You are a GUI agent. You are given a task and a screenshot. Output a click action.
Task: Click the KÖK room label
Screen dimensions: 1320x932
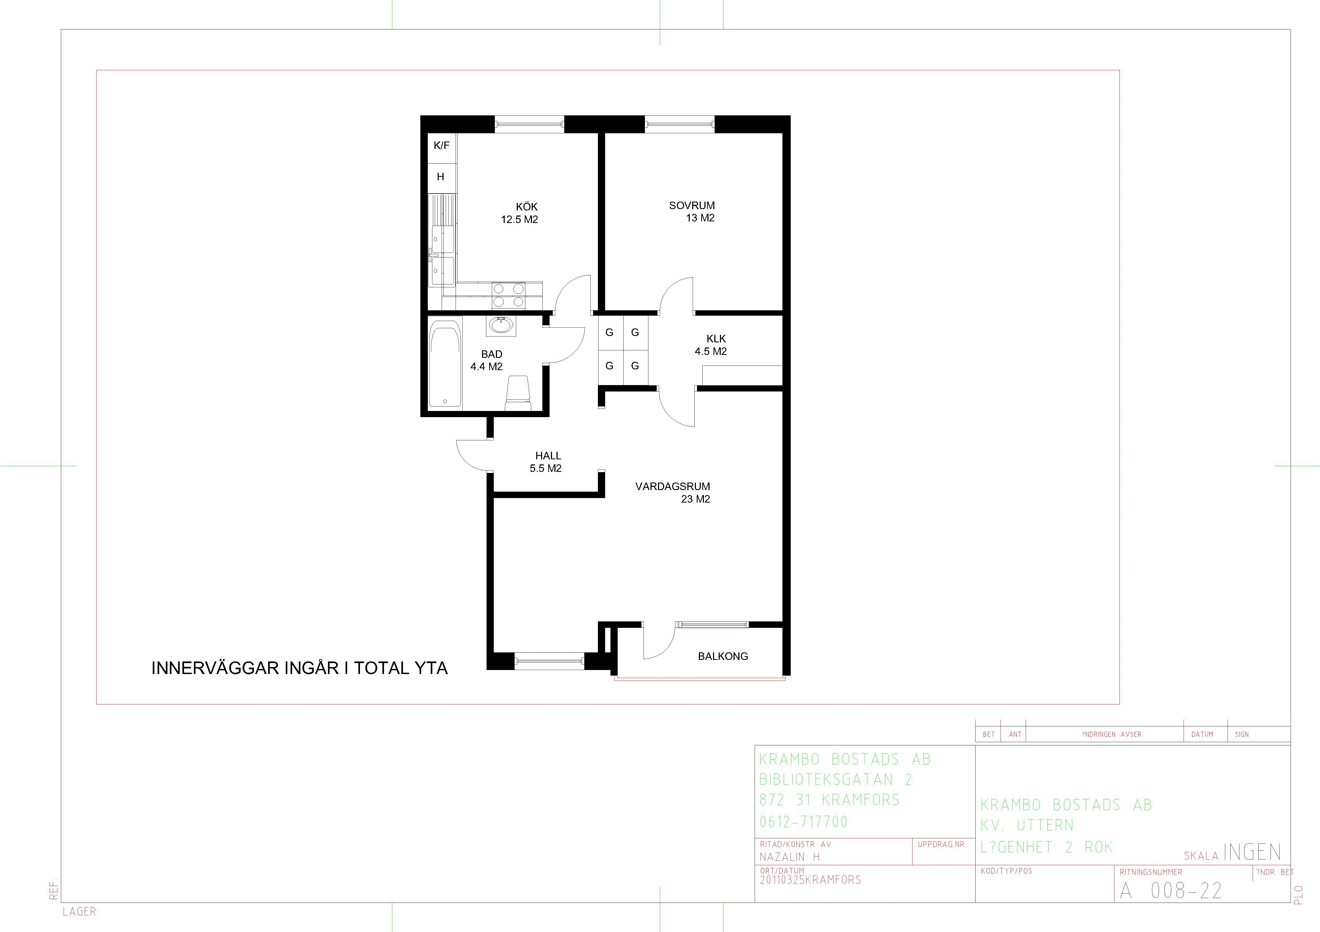527,206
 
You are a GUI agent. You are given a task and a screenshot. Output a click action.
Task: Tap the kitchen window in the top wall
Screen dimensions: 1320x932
530,124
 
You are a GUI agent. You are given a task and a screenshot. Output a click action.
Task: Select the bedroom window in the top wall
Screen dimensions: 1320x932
680,124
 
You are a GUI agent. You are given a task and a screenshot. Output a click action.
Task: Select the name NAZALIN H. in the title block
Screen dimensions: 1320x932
790,857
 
